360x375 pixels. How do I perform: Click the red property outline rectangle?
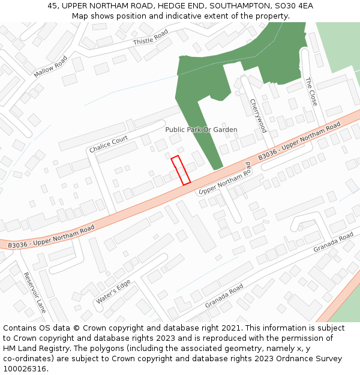(181, 170)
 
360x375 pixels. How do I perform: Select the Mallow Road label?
(51, 67)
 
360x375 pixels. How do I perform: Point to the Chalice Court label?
(109, 144)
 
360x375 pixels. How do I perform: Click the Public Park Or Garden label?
(201, 130)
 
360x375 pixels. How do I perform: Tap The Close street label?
(311, 91)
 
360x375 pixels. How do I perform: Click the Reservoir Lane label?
(35, 292)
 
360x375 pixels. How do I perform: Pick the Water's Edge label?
(112, 292)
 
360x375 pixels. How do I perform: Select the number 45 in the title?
(53, 6)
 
